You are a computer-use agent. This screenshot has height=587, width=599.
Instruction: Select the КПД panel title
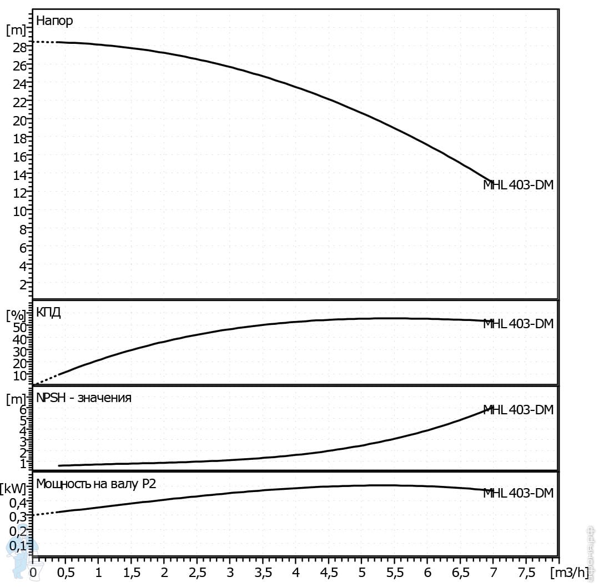[48, 312]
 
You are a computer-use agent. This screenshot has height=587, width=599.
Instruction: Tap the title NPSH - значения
[84, 398]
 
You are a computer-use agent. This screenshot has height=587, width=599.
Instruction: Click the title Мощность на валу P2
[96, 484]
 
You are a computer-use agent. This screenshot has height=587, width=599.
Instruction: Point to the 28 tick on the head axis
[19, 48]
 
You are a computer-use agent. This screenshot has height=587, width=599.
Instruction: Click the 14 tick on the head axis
[19, 175]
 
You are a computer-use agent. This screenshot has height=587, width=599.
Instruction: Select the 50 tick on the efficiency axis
[19, 327]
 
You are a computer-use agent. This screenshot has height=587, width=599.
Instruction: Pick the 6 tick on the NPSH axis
[23, 410]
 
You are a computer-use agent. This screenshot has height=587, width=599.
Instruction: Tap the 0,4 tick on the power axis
[17, 503]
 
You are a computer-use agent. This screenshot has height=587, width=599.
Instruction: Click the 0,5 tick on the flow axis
[66, 572]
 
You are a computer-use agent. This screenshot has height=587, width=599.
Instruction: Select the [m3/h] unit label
[571, 572]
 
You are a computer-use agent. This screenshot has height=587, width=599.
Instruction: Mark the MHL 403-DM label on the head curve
[518, 185]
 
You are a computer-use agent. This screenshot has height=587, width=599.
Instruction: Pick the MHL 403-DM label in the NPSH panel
[518, 410]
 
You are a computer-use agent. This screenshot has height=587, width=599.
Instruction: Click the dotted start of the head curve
[44, 42]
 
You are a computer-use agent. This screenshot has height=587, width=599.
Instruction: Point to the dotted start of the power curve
[44, 514]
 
